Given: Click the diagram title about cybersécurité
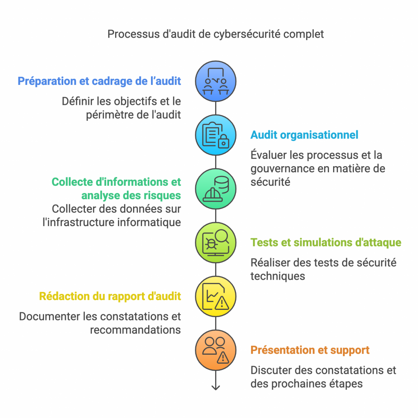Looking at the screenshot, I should pos(216,33).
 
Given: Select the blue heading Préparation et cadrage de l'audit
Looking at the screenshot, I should pos(99,81).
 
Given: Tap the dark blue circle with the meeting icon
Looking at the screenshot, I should pos(216,81).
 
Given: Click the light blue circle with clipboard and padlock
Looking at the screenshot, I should pos(216,135).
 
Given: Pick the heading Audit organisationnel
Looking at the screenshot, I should pos(304,135).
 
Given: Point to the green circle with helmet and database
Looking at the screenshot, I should pos(216,189).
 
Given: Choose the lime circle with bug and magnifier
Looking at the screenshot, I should pos(216,242).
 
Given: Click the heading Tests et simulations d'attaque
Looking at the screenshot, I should pos(326,242).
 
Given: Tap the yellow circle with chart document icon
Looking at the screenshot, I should pos(216,296).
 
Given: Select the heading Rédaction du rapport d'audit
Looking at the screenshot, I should pos(110,296).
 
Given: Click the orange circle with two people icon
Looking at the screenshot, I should pos(216,350).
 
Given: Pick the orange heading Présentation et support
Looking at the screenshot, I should pos(310,350).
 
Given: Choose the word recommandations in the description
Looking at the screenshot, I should pos(135,330).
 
